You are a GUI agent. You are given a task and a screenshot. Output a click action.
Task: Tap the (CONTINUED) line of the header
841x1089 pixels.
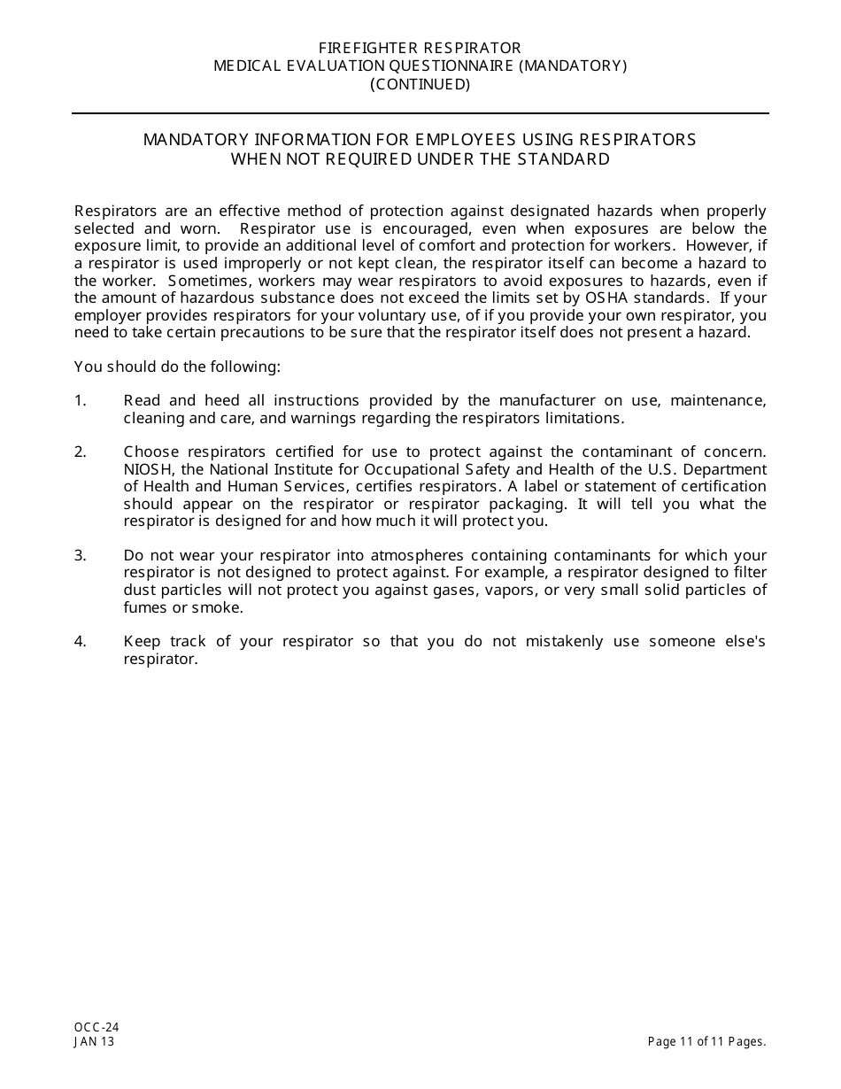(x=420, y=85)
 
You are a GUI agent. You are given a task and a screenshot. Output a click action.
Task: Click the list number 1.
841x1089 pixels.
(x=81, y=401)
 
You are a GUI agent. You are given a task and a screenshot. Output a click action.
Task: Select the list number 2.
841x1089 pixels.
(x=81, y=452)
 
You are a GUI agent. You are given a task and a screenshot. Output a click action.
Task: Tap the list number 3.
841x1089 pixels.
(x=81, y=556)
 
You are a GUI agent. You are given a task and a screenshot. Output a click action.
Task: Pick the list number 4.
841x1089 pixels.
(x=81, y=642)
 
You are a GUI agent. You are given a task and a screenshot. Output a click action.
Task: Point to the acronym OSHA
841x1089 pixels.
(x=583, y=297)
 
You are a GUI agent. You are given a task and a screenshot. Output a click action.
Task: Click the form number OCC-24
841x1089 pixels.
(x=96, y=1028)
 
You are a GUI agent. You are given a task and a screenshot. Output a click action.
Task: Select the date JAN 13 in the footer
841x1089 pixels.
(x=95, y=1042)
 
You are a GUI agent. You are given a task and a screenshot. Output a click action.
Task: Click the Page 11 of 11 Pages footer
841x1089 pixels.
(x=706, y=1042)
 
